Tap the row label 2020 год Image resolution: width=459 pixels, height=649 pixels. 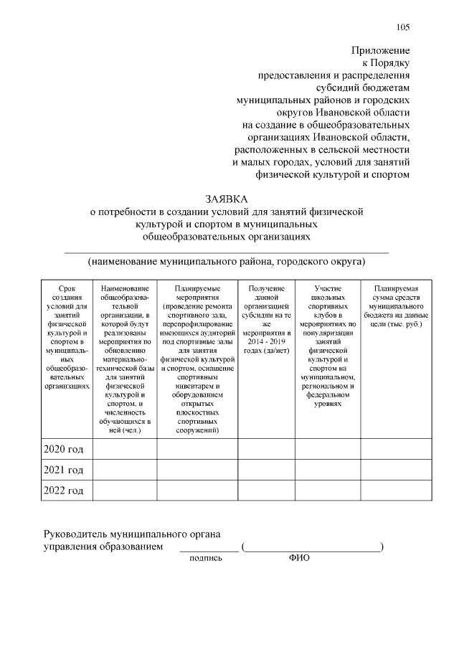[64, 450]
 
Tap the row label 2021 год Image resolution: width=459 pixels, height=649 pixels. [64, 470]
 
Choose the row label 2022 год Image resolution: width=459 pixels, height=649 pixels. [64, 491]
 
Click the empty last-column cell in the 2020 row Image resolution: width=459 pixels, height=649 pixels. [397, 450]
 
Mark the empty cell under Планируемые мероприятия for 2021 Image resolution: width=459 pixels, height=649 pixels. [197, 470]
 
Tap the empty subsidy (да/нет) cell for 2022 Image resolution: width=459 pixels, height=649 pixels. [266, 491]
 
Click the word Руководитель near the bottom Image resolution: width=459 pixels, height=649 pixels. [75, 534]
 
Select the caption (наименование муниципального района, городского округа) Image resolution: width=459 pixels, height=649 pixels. [226, 262]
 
